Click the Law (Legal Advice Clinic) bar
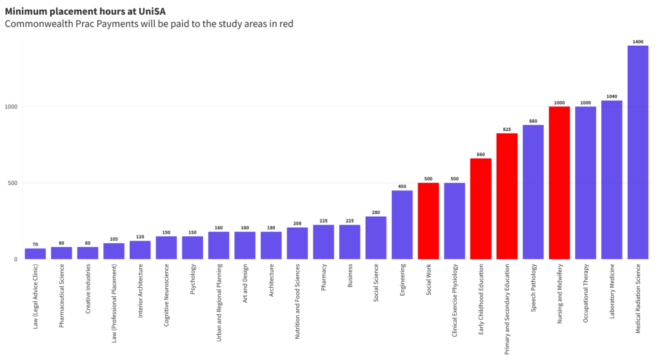pos(35,254)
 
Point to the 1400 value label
pos(637,42)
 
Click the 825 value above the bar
pos(506,130)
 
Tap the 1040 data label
pos(612,97)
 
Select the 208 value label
pos(297,224)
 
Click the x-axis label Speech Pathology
pos(534,288)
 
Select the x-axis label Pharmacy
pos(324,277)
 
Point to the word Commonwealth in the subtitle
pos(38,24)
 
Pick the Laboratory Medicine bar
pos(612,180)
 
